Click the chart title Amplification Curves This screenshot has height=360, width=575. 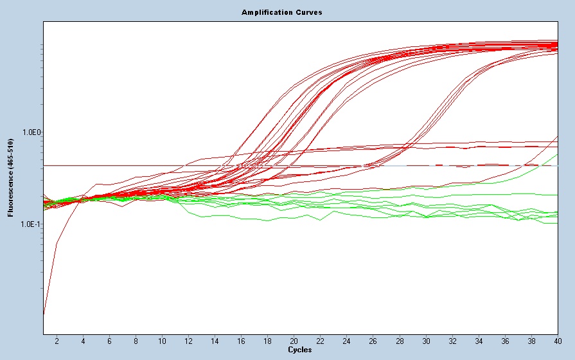click(281, 12)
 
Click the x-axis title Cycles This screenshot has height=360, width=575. click(300, 350)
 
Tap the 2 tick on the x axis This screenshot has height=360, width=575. click(57, 340)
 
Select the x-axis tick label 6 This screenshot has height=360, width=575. click(109, 340)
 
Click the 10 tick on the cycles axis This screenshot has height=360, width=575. click(162, 340)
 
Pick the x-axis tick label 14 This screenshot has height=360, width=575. click(215, 340)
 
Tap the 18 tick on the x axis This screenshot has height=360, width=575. click(267, 340)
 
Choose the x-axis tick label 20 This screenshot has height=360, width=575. click(294, 340)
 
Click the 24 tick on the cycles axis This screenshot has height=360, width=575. click(346, 340)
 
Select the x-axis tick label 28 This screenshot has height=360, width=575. click(399, 340)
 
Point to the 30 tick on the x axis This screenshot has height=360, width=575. click(425, 340)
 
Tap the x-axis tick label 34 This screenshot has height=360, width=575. click(478, 340)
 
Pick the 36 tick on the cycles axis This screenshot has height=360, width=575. click(504, 340)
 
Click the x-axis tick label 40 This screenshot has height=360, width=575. click(556, 340)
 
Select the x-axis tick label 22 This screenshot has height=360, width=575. click(320, 340)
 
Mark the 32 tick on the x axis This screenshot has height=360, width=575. click(452, 340)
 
